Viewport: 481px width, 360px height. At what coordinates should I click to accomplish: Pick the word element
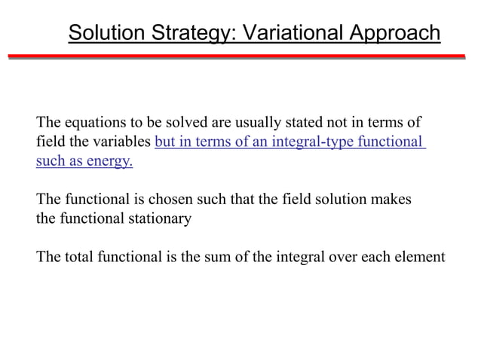click(421, 258)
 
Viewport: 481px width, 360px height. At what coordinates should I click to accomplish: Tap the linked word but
click(164, 142)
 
